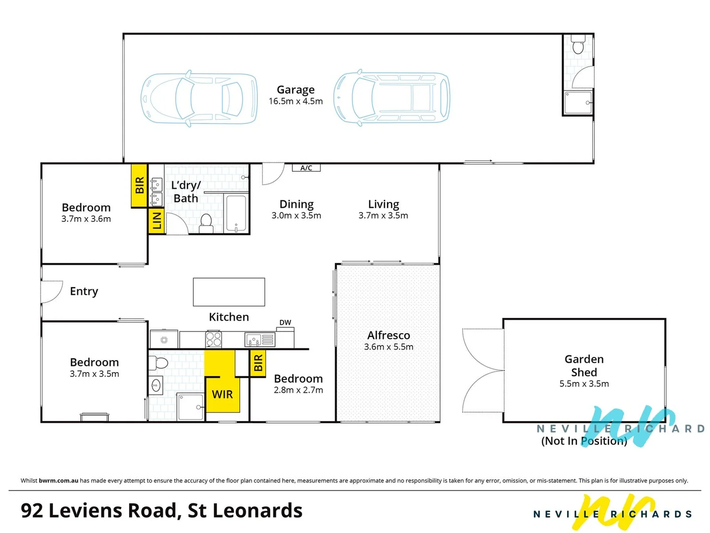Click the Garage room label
pyautogui.click(x=295, y=90)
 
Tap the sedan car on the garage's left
pyautogui.click(x=199, y=99)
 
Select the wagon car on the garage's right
pyautogui.click(x=392, y=97)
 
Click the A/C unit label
pyautogui.click(x=306, y=168)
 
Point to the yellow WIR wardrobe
pyautogui.click(x=222, y=394)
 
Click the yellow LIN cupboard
pyautogui.click(x=157, y=221)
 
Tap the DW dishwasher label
pyautogui.click(x=285, y=322)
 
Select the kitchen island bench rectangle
pyautogui.click(x=229, y=292)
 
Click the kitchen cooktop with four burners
pyautogui.click(x=213, y=339)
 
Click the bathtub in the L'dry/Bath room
pyautogui.click(x=236, y=214)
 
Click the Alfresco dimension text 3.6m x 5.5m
pyautogui.click(x=389, y=347)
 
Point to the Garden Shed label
pyautogui.click(x=584, y=366)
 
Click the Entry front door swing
pyautogui.click(x=52, y=291)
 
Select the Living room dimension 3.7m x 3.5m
pyautogui.click(x=383, y=216)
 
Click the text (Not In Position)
pyautogui.click(x=584, y=441)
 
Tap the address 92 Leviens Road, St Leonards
pyautogui.click(x=162, y=510)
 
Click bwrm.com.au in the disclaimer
pyautogui.click(x=58, y=480)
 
